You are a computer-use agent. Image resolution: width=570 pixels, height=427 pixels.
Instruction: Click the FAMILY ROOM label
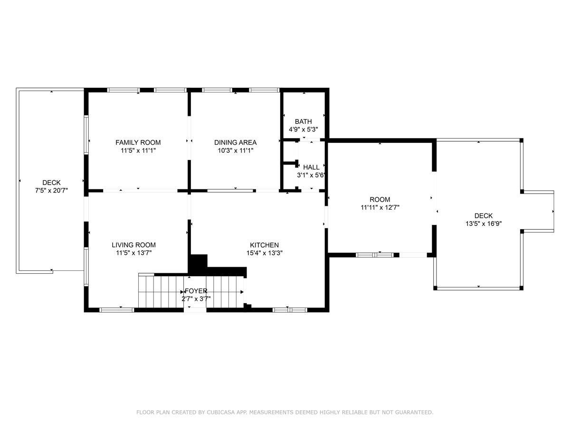click(138, 142)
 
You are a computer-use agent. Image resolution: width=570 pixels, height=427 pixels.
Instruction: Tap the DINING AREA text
click(235, 142)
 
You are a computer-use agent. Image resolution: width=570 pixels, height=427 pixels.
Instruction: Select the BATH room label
click(304, 121)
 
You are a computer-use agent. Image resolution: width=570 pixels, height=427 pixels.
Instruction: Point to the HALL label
click(311, 167)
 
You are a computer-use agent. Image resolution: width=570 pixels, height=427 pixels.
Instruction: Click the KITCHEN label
click(265, 245)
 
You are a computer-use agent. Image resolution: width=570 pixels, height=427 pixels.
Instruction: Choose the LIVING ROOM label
click(134, 245)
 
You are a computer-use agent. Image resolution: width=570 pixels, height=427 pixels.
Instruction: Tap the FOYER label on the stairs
click(196, 291)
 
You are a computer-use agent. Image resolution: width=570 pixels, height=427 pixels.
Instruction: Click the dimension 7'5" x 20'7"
click(51, 191)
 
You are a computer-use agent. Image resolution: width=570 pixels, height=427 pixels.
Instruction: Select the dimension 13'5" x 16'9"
click(484, 223)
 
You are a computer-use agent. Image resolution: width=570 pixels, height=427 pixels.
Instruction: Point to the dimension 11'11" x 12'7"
click(380, 207)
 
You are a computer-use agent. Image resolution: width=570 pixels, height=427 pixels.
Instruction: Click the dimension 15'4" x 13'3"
click(265, 253)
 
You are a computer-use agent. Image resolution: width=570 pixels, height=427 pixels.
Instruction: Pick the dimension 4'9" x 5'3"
click(304, 130)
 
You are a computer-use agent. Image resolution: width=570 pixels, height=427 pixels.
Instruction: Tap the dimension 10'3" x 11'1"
click(235, 150)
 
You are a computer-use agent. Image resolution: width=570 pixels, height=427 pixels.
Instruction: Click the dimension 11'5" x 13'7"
click(134, 253)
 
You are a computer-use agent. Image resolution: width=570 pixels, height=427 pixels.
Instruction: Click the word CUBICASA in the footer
click(219, 412)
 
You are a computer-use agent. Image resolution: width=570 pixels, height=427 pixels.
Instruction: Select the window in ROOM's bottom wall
click(374, 255)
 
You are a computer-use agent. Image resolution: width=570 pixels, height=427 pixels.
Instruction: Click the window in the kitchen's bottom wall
click(290, 310)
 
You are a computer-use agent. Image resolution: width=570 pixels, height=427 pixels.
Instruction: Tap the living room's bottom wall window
click(117, 310)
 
